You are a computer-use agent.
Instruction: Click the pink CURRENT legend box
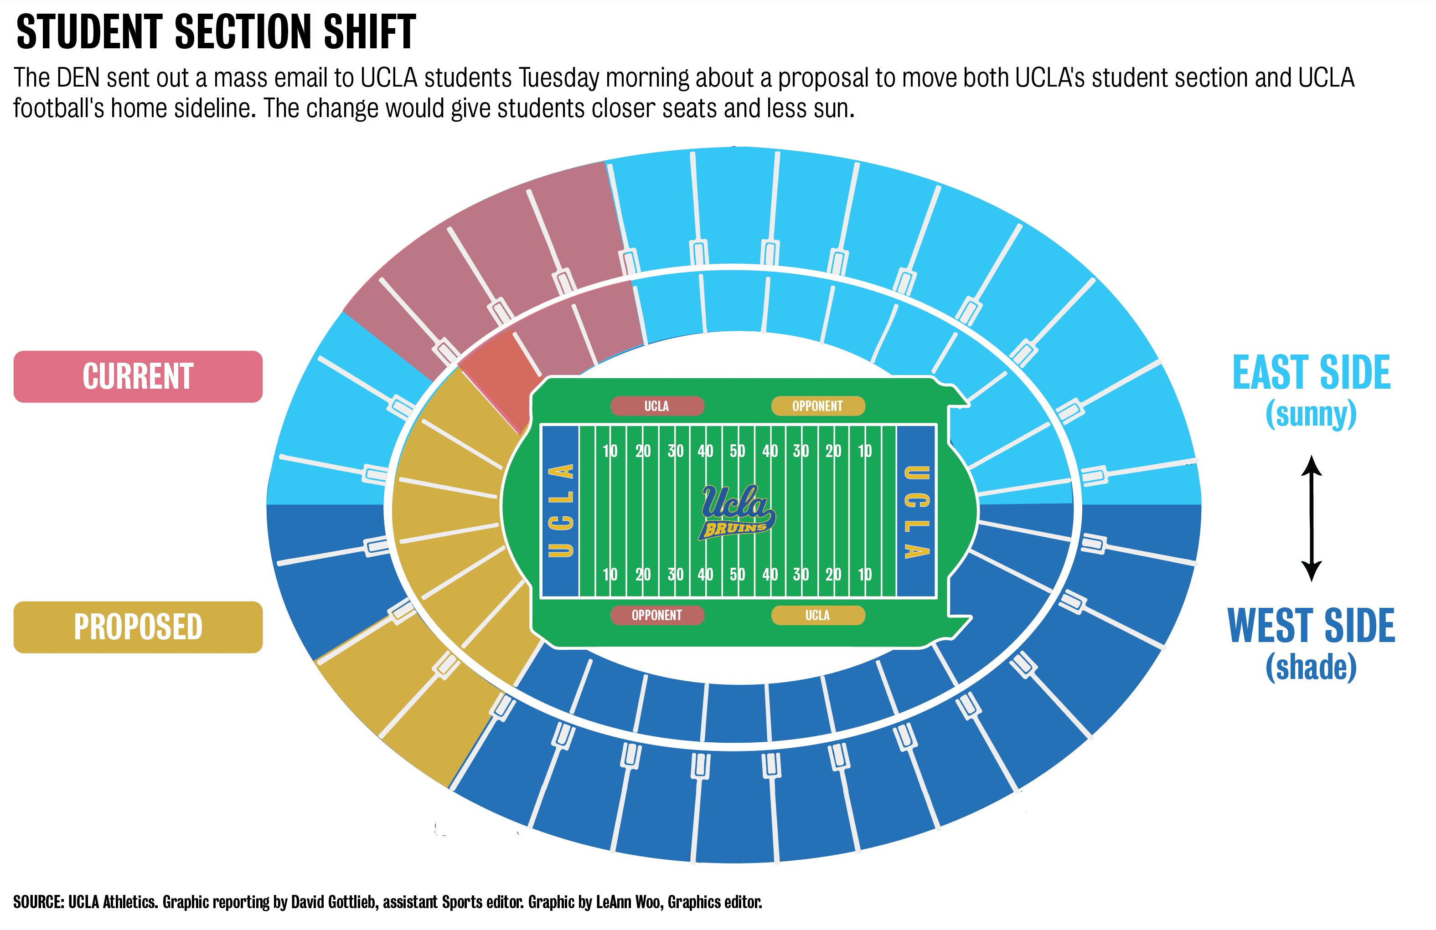click(138, 376)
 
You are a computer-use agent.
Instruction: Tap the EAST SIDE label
click(1311, 373)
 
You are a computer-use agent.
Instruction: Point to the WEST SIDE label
click(1311, 626)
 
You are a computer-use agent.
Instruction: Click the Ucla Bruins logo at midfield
click(737, 511)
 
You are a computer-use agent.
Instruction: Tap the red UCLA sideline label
click(656, 406)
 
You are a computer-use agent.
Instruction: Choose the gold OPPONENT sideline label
click(817, 406)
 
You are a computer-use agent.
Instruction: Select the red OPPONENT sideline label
click(656, 615)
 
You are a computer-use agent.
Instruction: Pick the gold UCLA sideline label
click(817, 615)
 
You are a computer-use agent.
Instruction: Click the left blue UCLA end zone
click(561, 511)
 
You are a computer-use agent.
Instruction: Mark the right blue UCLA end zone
click(916, 511)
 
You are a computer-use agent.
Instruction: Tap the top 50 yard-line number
click(737, 451)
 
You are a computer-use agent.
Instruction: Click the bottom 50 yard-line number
click(737, 574)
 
